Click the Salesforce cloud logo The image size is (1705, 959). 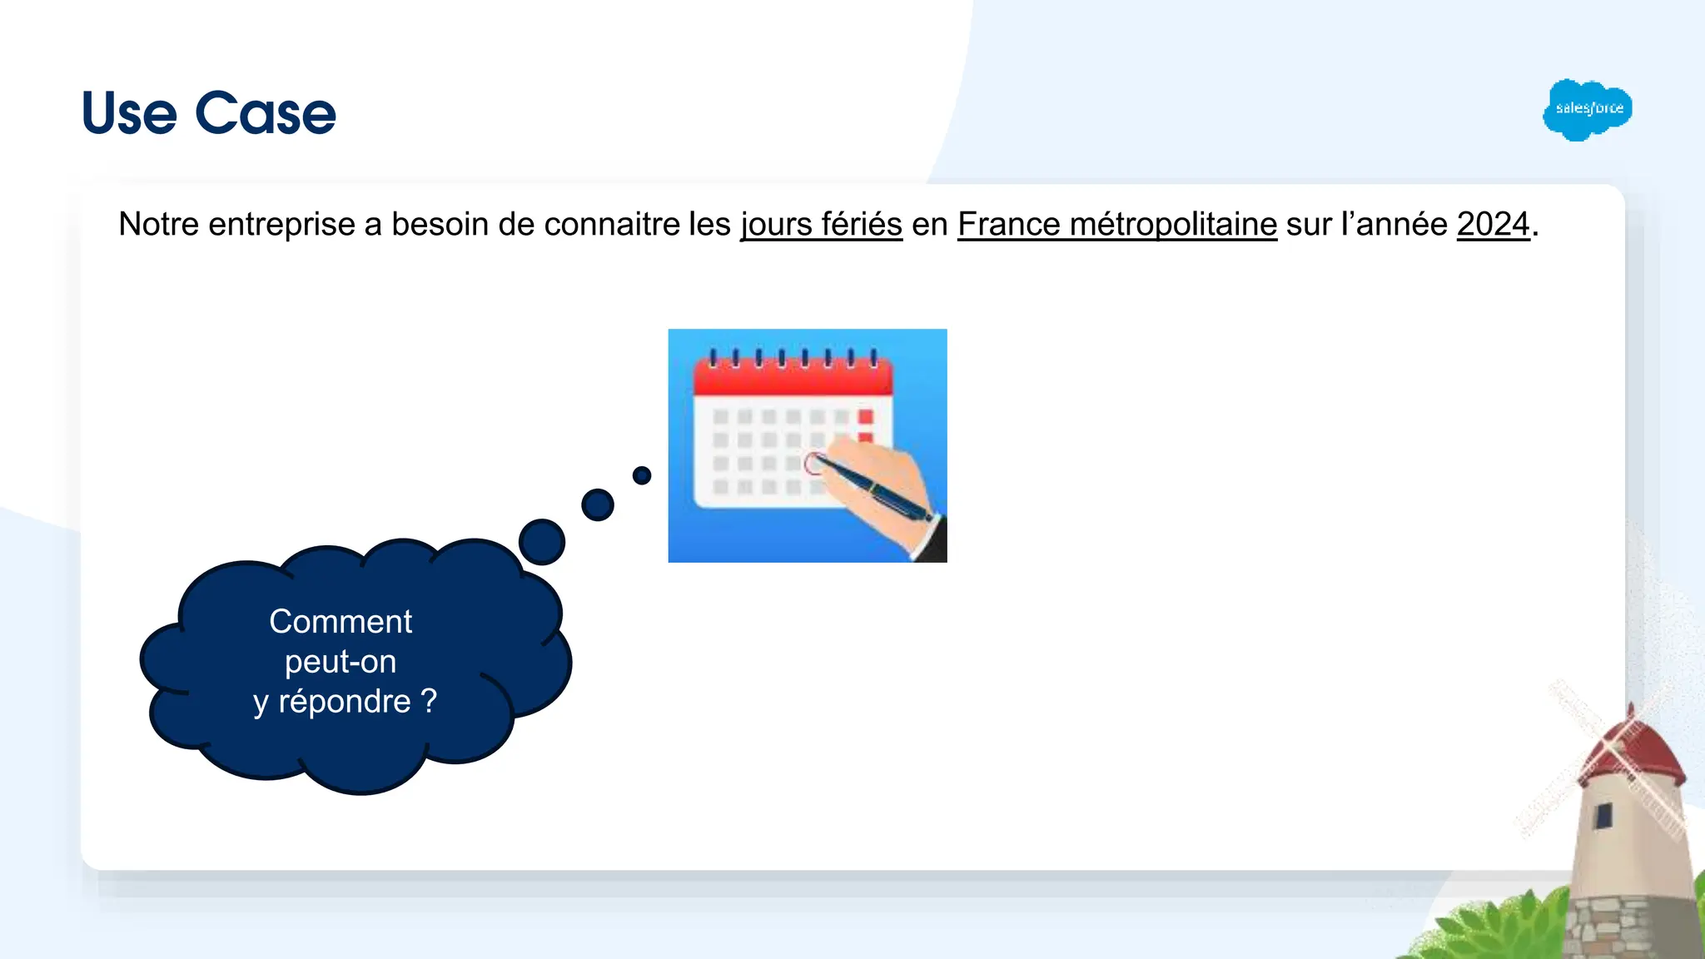(x=1587, y=109)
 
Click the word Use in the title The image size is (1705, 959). (x=129, y=113)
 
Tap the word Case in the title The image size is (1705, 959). (x=266, y=113)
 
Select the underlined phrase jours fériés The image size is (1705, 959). (x=821, y=225)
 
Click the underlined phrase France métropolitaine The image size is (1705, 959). (x=1116, y=225)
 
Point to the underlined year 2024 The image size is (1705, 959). (x=1493, y=225)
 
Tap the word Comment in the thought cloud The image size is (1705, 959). (x=341, y=621)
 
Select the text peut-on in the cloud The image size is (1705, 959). (x=341, y=662)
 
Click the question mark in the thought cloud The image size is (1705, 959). (x=429, y=701)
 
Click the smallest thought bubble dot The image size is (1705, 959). (x=642, y=475)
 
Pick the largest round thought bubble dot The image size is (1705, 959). (x=542, y=542)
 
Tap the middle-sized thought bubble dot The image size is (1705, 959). (x=598, y=504)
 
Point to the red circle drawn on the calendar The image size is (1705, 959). (x=813, y=464)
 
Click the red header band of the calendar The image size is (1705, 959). (x=793, y=380)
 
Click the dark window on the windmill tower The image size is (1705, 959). (x=1603, y=816)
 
